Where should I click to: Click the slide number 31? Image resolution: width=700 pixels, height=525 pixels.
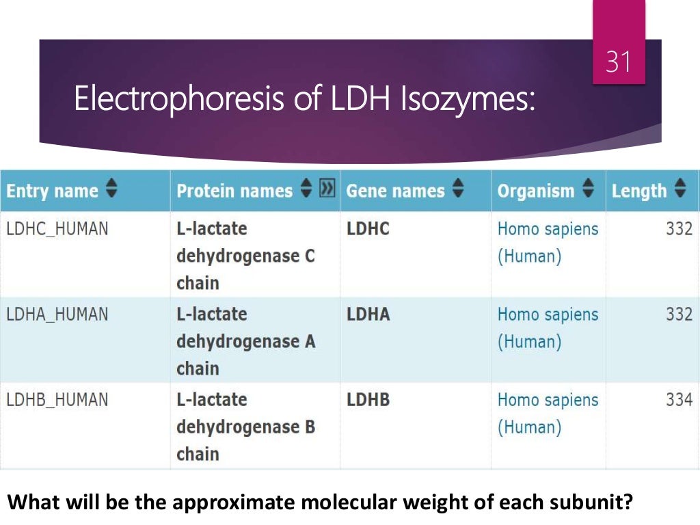pos(618,63)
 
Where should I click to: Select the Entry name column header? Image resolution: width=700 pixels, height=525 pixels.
pos(52,191)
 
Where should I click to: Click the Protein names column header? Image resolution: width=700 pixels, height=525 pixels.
pos(234,191)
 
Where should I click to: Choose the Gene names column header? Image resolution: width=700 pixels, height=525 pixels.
pos(395,191)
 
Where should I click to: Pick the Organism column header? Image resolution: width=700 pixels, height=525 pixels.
pos(536,191)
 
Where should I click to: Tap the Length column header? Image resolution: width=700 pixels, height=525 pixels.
pos(638,191)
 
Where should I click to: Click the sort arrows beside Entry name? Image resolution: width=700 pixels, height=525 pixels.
pos(111,191)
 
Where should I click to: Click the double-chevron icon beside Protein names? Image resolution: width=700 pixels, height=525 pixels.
pos(327,189)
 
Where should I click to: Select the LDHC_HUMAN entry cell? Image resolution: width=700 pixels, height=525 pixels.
pos(57,229)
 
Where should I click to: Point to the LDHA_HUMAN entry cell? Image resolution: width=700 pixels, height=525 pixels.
pos(57,314)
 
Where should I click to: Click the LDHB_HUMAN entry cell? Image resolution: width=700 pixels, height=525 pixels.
pos(57,400)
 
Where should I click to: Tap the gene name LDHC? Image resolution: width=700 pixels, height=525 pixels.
pos(368,229)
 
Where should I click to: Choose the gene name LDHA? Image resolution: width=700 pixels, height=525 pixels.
pos(368,314)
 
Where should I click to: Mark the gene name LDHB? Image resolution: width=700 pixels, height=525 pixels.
pos(368,400)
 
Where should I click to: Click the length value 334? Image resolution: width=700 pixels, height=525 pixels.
pos(679,400)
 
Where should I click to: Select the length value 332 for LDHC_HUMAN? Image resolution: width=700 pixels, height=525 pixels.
pos(679,229)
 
